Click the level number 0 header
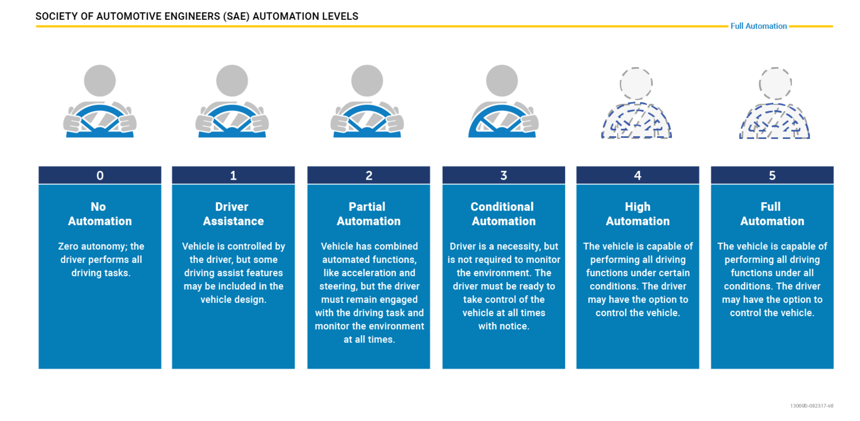pyautogui.click(x=100, y=175)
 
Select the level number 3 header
pyautogui.click(x=504, y=175)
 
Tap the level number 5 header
pyautogui.click(x=772, y=175)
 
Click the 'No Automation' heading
pyautogui.click(x=100, y=214)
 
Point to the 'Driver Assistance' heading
pyautogui.click(x=233, y=214)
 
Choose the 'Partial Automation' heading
pyautogui.click(x=368, y=214)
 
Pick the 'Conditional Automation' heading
pyautogui.click(x=504, y=214)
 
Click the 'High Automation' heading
pyautogui.click(x=638, y=214)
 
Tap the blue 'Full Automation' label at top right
pyautogui.click(x=758, y=26)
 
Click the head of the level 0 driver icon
pyautogui.click(x=100, y=81)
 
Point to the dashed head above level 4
pyautogui.click(x=636, y=83)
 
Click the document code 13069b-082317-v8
pyautogui.click(x=812, y=406)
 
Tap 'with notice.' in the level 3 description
pyautogui.click(x=504, y=326)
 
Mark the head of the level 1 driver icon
pyautogui.click(x=232, y=81)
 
